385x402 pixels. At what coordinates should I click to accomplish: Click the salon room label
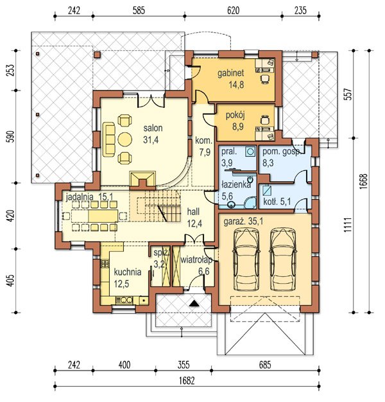pos(153,128)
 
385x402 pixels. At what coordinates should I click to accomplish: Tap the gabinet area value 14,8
pos(236,85)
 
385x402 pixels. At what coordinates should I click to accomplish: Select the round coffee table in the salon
pos(125,139)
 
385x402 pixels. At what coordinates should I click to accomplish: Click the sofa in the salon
pos(109,139)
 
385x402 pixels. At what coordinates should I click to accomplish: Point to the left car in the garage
pos(246,259)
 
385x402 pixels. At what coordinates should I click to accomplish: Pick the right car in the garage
pos(283,259)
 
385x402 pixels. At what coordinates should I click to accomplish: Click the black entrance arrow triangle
pos(194,303)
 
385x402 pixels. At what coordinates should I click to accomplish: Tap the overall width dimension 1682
pos(187,381)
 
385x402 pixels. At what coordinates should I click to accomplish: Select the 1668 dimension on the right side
pos(363,182)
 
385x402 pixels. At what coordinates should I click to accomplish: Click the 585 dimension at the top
pos(139,10)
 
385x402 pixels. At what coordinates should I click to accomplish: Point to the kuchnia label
pos(128,272)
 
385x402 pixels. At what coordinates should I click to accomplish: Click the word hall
pos(193,212)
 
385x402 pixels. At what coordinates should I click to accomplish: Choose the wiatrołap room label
pos(197,260)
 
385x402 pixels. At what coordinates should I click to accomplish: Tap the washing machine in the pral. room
pos(250,152)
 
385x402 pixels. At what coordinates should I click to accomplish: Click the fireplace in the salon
pos(142,179)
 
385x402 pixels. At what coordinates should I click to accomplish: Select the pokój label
pos(235,116)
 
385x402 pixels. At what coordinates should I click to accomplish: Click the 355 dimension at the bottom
pos(183,365)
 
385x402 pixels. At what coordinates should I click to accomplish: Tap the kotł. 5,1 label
pos(277,202)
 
